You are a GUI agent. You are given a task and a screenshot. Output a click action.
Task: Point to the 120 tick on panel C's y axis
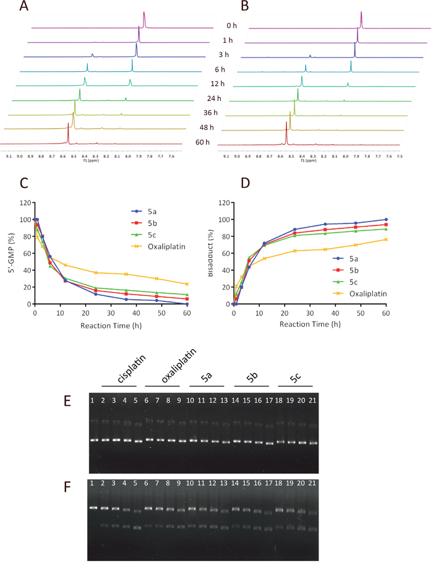24,203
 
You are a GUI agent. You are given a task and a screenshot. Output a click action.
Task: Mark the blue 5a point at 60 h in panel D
386,220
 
